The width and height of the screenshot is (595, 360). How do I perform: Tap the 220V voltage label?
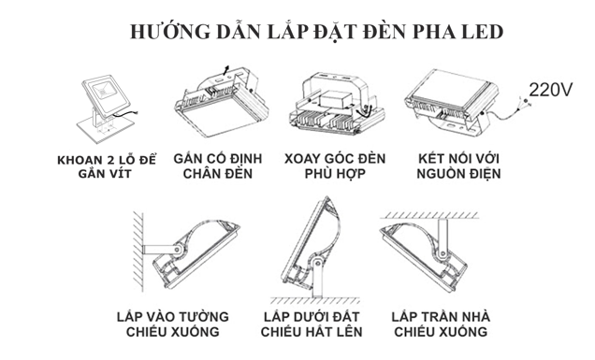(x=550, y=90)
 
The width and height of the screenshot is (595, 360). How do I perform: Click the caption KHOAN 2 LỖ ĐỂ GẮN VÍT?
(x=107, y=167)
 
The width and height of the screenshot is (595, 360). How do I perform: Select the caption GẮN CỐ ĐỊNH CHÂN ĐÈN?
(x=218, y=166)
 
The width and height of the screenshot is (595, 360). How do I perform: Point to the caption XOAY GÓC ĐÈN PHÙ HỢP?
(x=335, y=166)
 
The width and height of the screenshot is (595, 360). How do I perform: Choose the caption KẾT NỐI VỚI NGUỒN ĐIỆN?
(x=458, y=166)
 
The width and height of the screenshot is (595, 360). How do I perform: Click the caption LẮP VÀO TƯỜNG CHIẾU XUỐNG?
(x=173, y=324)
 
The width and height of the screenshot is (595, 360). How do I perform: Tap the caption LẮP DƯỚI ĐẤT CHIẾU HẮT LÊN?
(x=312, y=324)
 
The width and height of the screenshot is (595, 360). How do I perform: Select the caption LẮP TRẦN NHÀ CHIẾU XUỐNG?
(x=441, y=324)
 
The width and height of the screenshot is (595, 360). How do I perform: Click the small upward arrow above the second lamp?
(x=225, y=70)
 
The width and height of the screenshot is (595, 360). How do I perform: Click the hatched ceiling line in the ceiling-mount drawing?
(x=429, y=215)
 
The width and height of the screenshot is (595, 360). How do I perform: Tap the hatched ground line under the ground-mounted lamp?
(x=315, y=301)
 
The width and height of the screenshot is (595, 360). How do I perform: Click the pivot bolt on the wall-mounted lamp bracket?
(x=178, y=250)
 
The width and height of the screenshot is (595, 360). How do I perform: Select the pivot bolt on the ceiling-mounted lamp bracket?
(x=442, y=253)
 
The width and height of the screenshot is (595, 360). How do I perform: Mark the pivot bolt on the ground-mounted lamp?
(x=317, y=262)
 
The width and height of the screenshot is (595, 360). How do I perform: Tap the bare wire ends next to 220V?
(x=524, y=101)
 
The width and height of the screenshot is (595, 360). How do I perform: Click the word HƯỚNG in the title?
(x=169, y=32)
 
